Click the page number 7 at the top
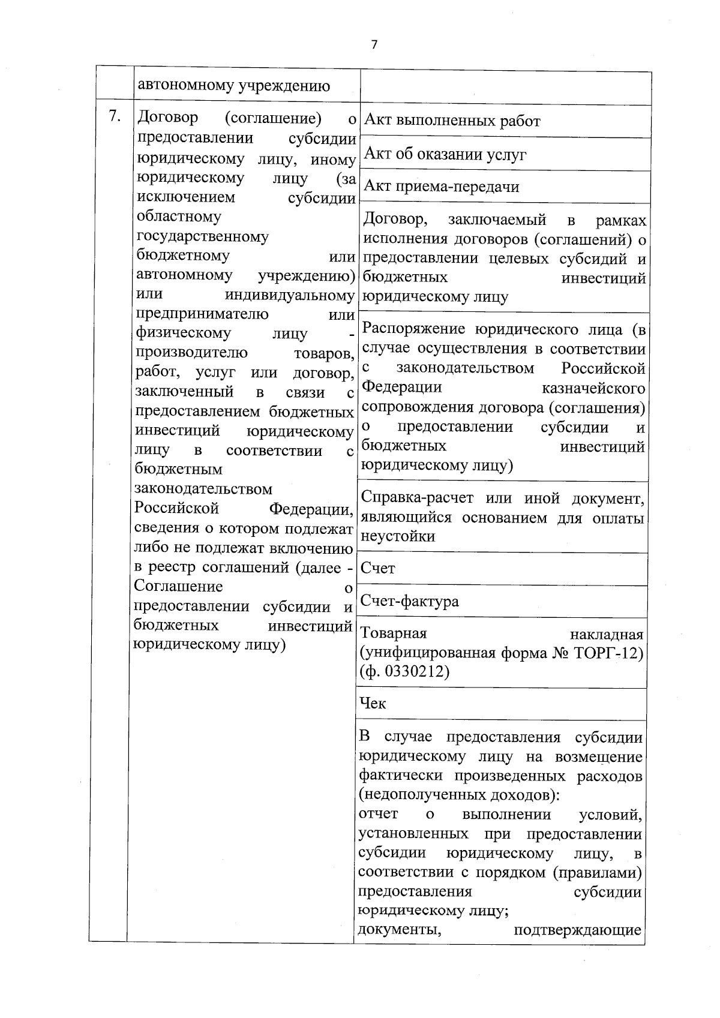pyautogui.click(x=374, y=45)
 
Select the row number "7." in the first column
pyautogui.click(x=113, y=116)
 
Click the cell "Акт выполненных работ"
pyautogui.click(x=452, y=121)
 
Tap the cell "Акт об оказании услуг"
pyautogui.click(x=445, y=155)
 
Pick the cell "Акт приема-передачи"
pyautogui.click(x=442, y=187)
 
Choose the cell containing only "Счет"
pyautogui.click(x=378, y=568)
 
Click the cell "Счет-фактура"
pyautogui.click(x=409, y=601)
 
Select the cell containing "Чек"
pyautogui.click(x=373, y=703)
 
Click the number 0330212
pyautogui.click(x=415, y=671)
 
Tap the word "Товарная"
pyautogui.click(x=393, y=634)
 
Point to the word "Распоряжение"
pyautogui.click(x=415, y=329)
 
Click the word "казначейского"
pyautogui.click(x=593, y=388)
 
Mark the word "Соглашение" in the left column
pyautogui.click(x=178, y=586)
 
